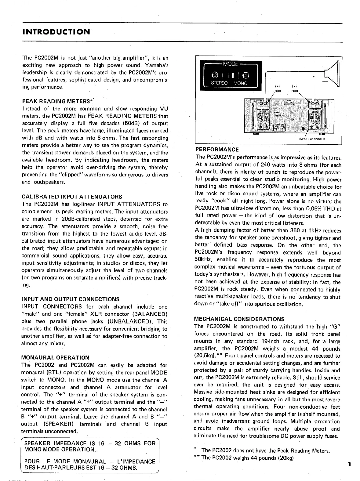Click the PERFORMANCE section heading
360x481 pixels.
[217, 150]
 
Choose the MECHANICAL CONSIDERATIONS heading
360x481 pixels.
[239, 319]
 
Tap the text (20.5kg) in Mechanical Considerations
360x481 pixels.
[205, 356]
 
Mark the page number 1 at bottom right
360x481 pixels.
[349, 464]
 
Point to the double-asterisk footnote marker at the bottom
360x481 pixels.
[197, 457]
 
